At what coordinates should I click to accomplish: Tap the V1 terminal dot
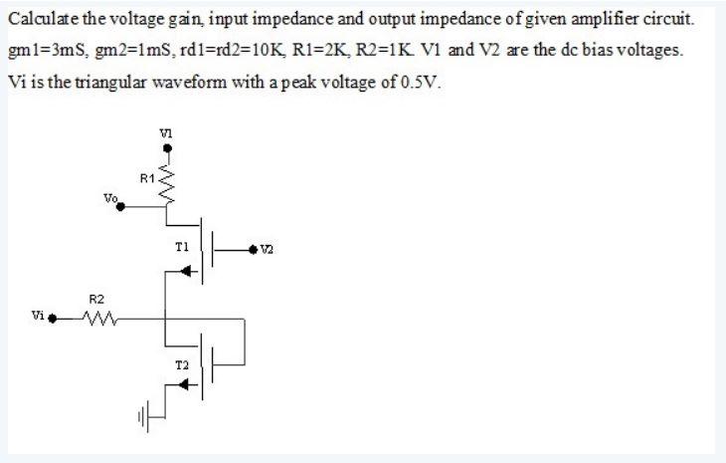166,148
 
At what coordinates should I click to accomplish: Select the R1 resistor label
148,179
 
